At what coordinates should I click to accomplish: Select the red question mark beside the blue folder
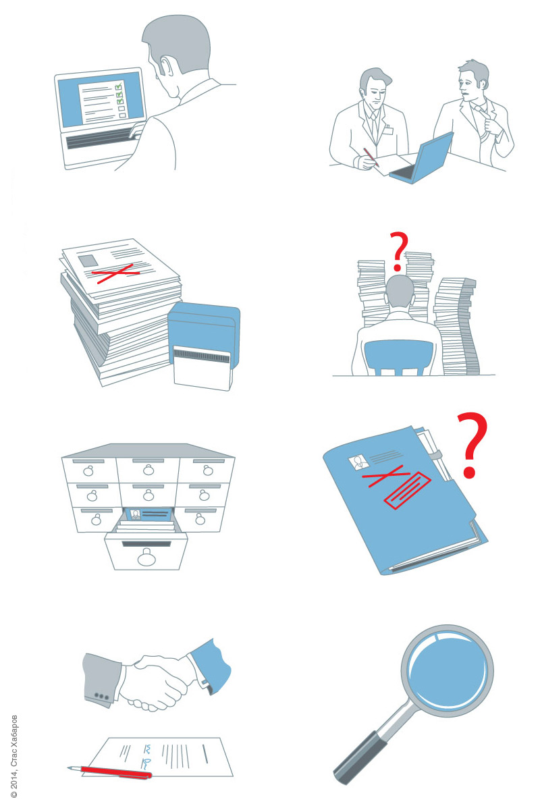[x=473, y=444]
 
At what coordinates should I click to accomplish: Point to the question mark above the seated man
[x=398, y=251]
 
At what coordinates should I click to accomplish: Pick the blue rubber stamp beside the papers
[x=204, y=346]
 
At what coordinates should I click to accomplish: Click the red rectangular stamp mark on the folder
[x=407, y=490]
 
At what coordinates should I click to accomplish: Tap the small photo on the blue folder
[x=358, y=462]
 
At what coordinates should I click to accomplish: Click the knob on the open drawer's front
[x=146, y=558]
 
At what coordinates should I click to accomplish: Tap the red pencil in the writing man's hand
[x=371, y=157]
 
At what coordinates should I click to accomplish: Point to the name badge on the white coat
[x=387, y=130]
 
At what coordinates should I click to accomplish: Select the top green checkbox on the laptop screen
[x=118, y=87]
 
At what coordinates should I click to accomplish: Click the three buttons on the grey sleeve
[x=101, y=696]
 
